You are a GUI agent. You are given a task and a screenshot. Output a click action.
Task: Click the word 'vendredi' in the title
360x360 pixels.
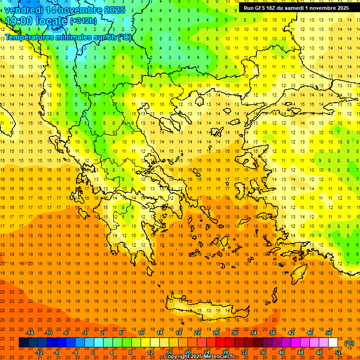tap(24, 10)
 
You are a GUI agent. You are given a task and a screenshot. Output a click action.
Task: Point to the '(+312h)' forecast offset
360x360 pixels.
tap(84, 21)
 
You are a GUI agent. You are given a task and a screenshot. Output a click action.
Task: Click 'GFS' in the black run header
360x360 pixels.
tap(262, 8)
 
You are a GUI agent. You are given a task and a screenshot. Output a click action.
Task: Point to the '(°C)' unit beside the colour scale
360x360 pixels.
tap(349, 343)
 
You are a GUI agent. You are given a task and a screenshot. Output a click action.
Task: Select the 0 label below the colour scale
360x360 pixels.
tap(92, 352)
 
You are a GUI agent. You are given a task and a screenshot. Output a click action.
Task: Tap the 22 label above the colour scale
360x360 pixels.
tap(197, 333)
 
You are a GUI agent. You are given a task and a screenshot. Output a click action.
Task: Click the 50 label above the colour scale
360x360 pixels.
tap(329, 333)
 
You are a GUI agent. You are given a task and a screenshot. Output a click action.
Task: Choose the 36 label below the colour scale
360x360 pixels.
tap(263, 352)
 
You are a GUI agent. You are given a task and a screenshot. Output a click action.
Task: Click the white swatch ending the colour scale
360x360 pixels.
tap(333, 343)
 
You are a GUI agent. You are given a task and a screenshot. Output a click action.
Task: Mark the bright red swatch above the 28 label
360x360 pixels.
tap(221, 343)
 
